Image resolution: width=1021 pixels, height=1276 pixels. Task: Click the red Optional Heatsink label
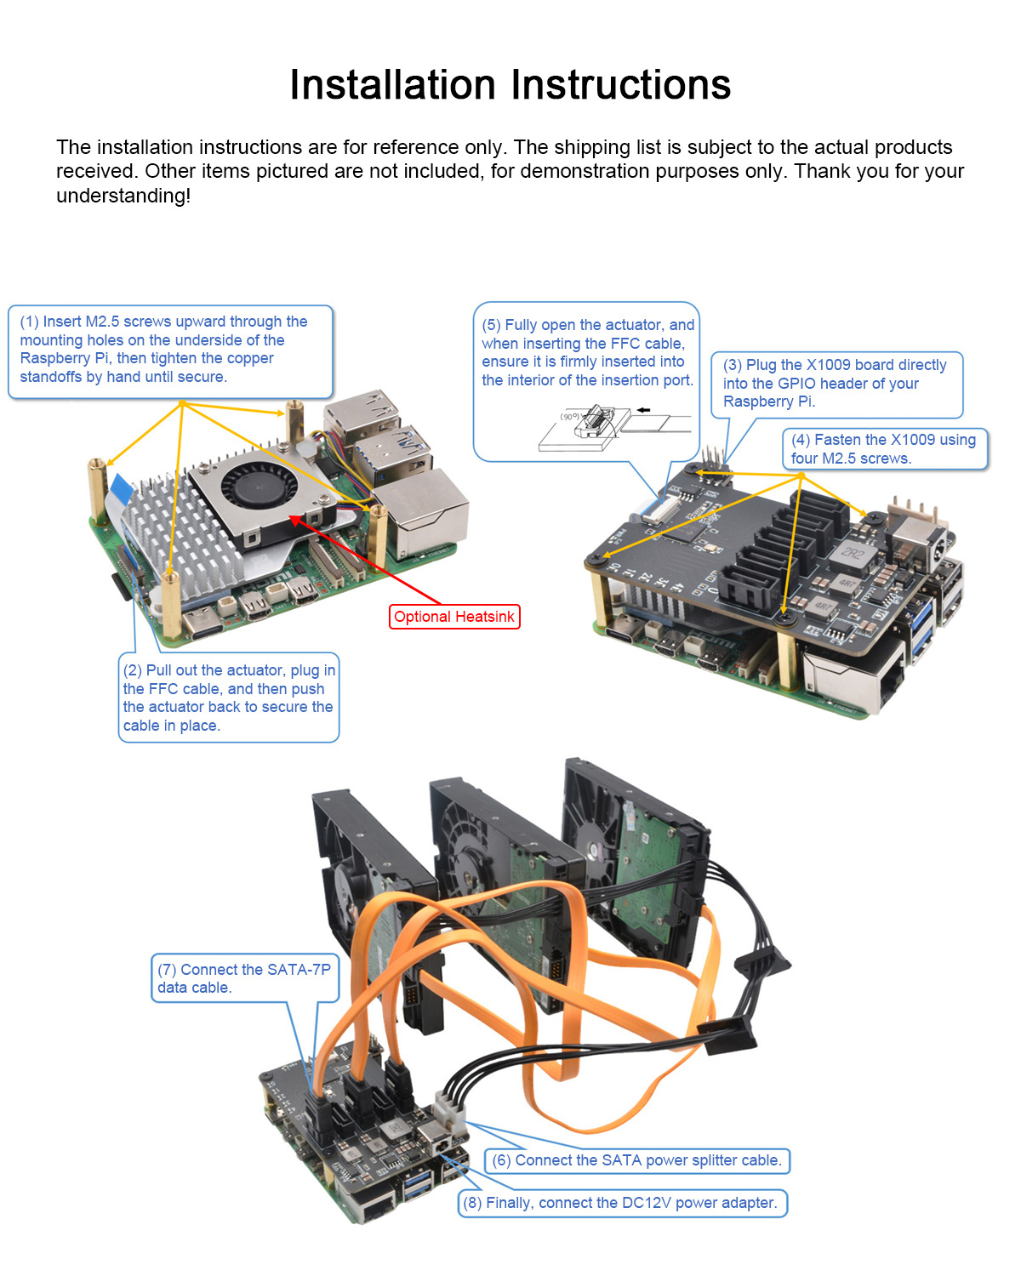(453, 616)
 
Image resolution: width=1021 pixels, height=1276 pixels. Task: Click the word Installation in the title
(392, 84)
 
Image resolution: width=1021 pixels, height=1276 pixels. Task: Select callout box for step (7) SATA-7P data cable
(244, 977)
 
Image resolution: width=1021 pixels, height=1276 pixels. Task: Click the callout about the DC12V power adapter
(622, 1203)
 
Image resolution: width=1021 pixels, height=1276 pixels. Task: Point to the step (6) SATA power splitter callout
(637, 1160)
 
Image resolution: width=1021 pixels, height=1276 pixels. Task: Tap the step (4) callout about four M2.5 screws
(885, 449)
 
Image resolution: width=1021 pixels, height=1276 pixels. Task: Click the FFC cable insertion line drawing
(613, 428)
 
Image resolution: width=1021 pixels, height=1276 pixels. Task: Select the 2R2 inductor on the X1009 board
(852, 554)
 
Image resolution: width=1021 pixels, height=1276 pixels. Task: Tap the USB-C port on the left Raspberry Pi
(202, 624)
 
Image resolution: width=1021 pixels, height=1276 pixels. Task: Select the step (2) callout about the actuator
(228, 698)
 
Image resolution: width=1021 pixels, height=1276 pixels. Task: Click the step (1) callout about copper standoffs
(170, 351)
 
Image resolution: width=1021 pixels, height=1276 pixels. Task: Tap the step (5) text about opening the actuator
(587, 352)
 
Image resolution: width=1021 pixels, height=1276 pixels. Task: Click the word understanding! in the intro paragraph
(123, 195)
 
